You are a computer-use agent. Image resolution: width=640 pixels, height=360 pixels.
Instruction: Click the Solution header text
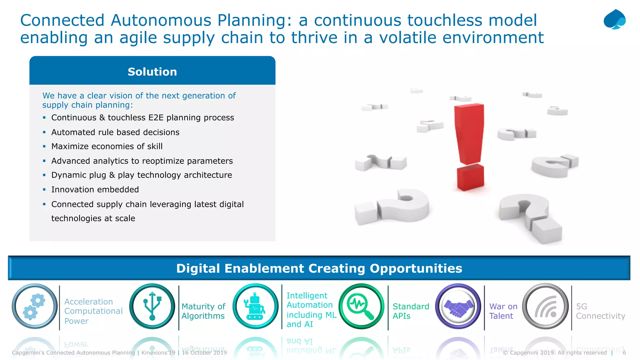pyautogui.click(x=152, y=72)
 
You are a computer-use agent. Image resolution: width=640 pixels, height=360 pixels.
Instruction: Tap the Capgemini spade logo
pyautogui.click(x=614, y=19)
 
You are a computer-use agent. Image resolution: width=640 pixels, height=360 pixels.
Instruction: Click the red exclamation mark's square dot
pyautogui.click(x=470, y=178)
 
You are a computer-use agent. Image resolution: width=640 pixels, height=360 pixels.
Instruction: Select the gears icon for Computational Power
pyautogui.click(x=34, y=306)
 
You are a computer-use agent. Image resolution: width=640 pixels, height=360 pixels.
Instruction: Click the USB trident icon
pyautogui.click(x=152, y=306)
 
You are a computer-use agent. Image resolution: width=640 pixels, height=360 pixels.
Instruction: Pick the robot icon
pyautogui.click(x=255, y=306)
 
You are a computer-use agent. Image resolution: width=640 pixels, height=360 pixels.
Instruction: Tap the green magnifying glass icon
pyautogui.click(x=362, y=306)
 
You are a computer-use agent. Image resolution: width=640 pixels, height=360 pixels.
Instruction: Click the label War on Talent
pyautogui.click(x=503, y=311)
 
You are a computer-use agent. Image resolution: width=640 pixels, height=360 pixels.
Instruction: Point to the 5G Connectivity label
pyautogui.click(x=600, y=311)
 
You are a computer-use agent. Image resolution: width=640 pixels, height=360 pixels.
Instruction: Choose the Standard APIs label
pyautogui.click(x=411, y=311)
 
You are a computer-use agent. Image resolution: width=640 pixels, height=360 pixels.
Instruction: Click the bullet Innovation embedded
pyautogui.click(x=95, y=190)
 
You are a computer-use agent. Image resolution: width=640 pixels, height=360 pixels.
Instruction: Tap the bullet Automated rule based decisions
pyautogui.click(x=115, y=132)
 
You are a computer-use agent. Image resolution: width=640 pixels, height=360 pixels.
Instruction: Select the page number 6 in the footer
pyautogui.click(x=624, y=353)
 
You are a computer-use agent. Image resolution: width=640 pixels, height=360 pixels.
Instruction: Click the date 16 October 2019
pyautogui.click(x=204, y=353)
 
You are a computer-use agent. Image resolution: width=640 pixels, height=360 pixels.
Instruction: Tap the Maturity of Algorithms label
pyautogui.click(x=203, y=311)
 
